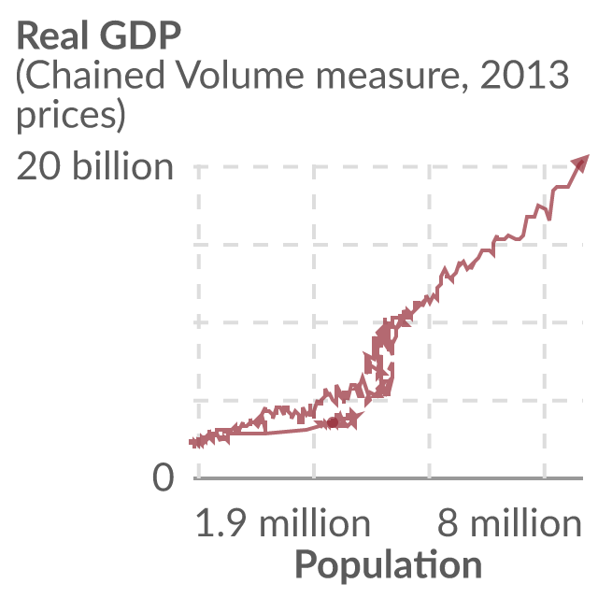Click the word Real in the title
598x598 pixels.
[x=52, y=36]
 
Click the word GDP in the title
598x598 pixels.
[x=140, y=36]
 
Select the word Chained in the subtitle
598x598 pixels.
[x=91, y=75]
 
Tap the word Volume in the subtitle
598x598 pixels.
[x=241, y=75]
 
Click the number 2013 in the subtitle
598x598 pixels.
[x=524, y=75]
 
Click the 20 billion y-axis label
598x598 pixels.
[x=94, y=166]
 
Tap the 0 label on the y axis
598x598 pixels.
[x=164, y=477]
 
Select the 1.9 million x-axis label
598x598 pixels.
[x=282, y=523]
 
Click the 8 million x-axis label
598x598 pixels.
[x=509, y=523]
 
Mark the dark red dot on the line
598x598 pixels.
[x=333, y=422]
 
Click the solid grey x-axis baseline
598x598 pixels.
[x=389, y=477]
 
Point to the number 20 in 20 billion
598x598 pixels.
[x=38, y=166]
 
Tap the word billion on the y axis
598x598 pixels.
[x=122, y=166]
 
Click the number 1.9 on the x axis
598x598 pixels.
[x=221, y=523]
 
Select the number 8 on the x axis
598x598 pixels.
[x=448, y=523]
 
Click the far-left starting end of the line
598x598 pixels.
[x=191, y=442]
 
